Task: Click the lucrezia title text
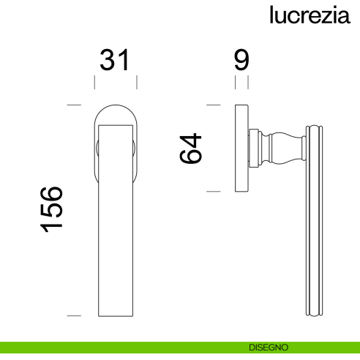tap(308, 15)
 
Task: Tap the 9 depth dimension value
tap(242, 61)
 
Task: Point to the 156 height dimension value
tap(53, 210)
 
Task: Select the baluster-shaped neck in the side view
tap(282, 149)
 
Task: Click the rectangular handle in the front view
tap(116, 220)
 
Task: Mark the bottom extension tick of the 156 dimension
tap(73, 316)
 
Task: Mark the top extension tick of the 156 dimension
tap(73, 106)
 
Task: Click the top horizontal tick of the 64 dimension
tap(213, 106)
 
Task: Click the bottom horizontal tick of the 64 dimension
tap(213, 192)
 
